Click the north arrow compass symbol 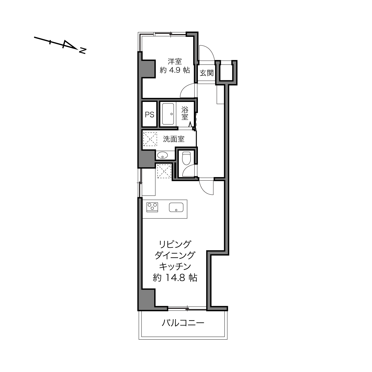(x=60, y=45)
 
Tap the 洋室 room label (x=174, y=62)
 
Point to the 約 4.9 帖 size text (x=174, y=70)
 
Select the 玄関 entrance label (x=207, y=73)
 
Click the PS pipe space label (x=149, y=115)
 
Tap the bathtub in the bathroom (x=168, y=114)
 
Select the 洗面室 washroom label (x=174, y=139)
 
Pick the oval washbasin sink (x=163, y=155)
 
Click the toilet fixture (x=186, y=158)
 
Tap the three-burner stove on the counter (x=152, y=207)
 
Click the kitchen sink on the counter (x=176, y=207)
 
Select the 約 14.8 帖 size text (x=175, y=278)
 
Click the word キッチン (x=175, y=267)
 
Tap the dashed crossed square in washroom (x=150, y=139)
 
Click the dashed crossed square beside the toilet (x=164, y=171)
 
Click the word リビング (x=175, y=245)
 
